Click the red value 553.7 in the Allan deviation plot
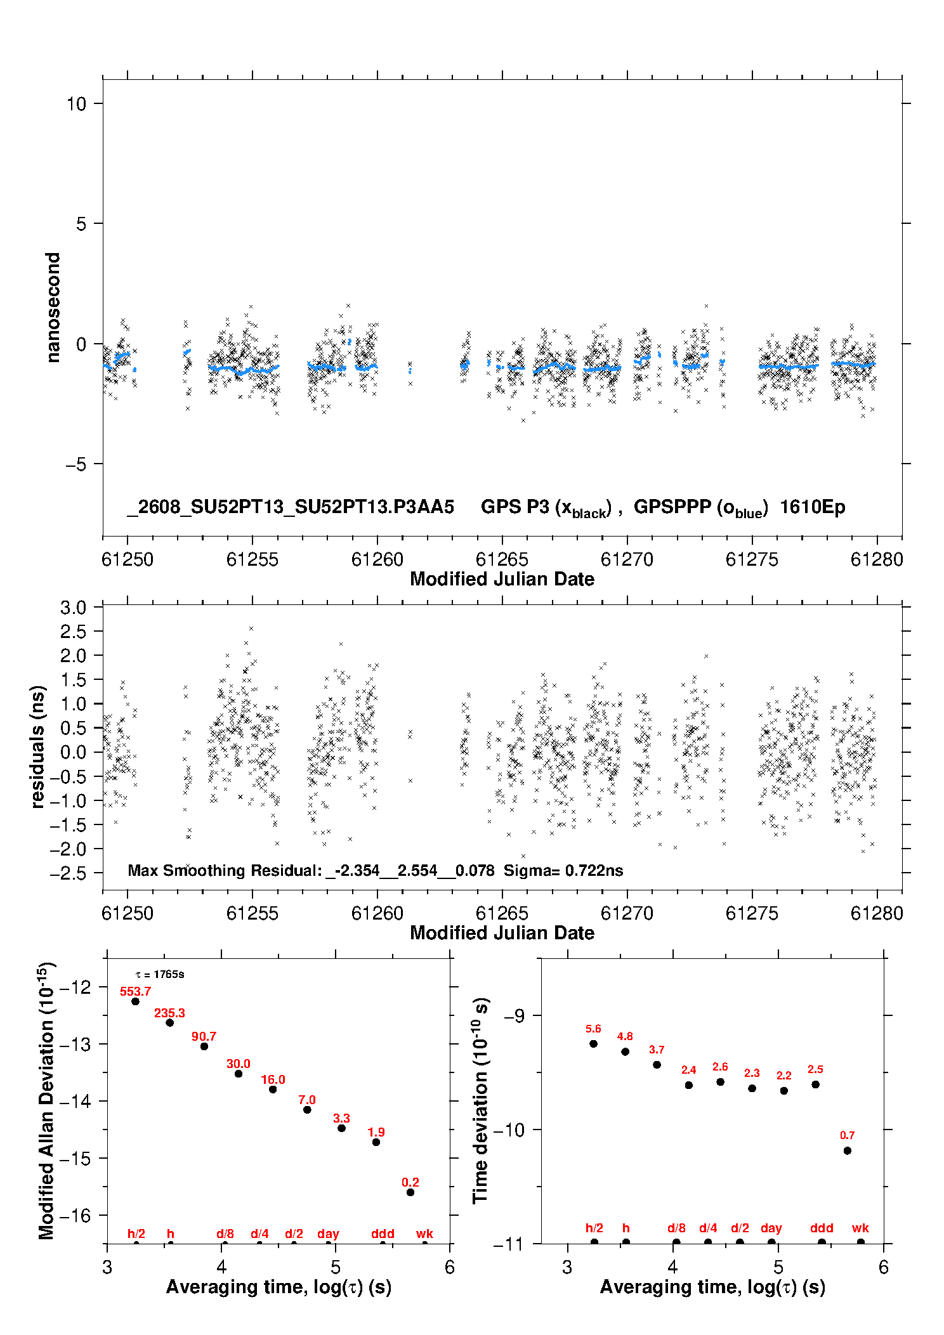[x=136, y=991]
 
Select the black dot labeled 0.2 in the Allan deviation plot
[x=410, y=1192]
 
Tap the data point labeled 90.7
[x=204, y=1046]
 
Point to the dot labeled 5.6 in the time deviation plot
[x=593, y=1044]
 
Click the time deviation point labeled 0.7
[x=847, y=1150]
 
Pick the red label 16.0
[x=273, y=1079]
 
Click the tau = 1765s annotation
[x=160, y=974]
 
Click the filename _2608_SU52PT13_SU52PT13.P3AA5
[x=291, y=507]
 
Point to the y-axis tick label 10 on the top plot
[x=76, y=103]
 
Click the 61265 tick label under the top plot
[x=502, y=559]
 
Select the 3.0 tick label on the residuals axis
[x=73, y=608]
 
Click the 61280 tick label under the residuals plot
[x=877, y=913]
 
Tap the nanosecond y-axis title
[x=53, y=308]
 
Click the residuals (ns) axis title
[x=37, y=746]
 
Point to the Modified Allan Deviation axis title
[x=46, y=1100]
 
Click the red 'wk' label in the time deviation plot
[x=860, y=1228]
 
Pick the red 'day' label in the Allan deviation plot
[x=328, y=1234]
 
